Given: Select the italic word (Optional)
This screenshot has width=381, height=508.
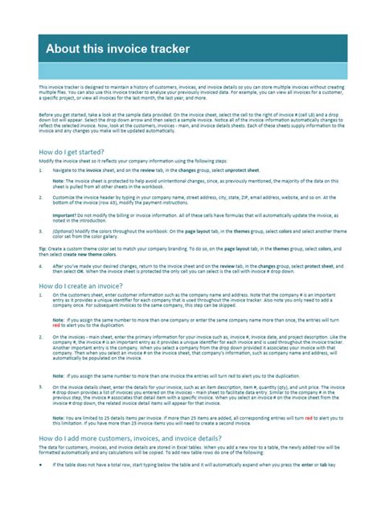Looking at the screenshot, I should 66,231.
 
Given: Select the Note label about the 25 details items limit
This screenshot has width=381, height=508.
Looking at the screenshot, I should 59,418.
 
